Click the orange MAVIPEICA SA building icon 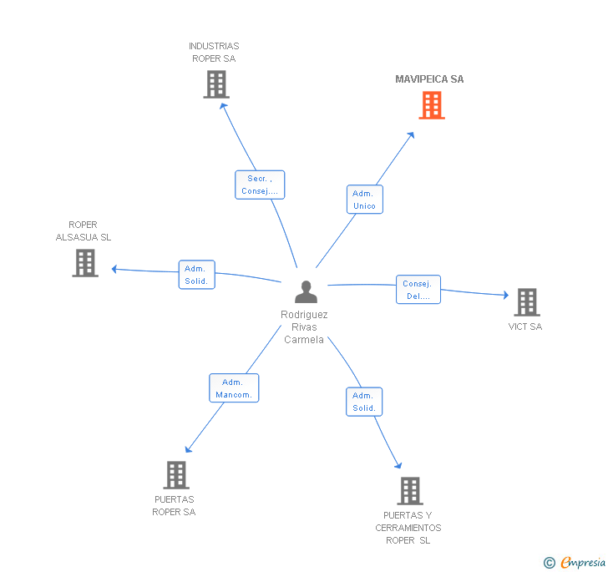431,105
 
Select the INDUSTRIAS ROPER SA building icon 215,84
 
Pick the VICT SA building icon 526,301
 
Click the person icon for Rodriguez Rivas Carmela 306,291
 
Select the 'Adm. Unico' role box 364,200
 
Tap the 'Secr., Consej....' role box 260,185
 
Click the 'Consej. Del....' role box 418,290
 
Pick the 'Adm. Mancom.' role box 234,388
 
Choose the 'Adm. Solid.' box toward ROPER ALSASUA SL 198,275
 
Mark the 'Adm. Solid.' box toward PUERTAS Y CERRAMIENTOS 364,402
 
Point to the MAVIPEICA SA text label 429,79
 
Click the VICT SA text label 525,326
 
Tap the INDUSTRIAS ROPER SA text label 214,53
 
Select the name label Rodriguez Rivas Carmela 304,327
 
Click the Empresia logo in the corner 575,562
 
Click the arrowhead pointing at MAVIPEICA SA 410,135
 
